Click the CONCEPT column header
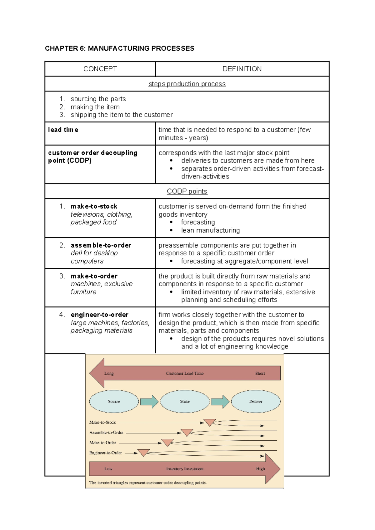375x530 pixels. (100, 69)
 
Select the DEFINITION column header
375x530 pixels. (242, 69)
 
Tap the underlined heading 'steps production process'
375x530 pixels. (187, 84)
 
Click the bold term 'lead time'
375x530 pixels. (63, 130)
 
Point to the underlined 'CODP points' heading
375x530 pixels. (187, 191)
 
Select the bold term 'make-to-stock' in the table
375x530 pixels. (94, 206)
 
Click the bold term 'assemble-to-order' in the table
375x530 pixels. (101, 245)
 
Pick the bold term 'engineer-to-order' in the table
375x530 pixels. (99, 315)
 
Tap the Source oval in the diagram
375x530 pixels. (114, 402)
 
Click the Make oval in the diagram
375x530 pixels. (185, 402)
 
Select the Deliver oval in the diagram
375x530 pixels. (256, 402)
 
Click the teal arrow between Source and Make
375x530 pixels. (149, 402)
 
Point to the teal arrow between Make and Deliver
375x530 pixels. (220, 402)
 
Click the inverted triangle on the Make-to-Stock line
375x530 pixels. (209, 422)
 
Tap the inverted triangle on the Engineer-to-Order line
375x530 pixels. (144, 452)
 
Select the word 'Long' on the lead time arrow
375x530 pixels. (109, 373)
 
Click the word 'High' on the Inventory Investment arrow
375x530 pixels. (260, 469)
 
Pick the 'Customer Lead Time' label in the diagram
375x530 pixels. (185, 373)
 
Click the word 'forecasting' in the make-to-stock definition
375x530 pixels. (198, 222)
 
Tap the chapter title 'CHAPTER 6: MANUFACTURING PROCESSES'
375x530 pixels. (120, 48)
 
